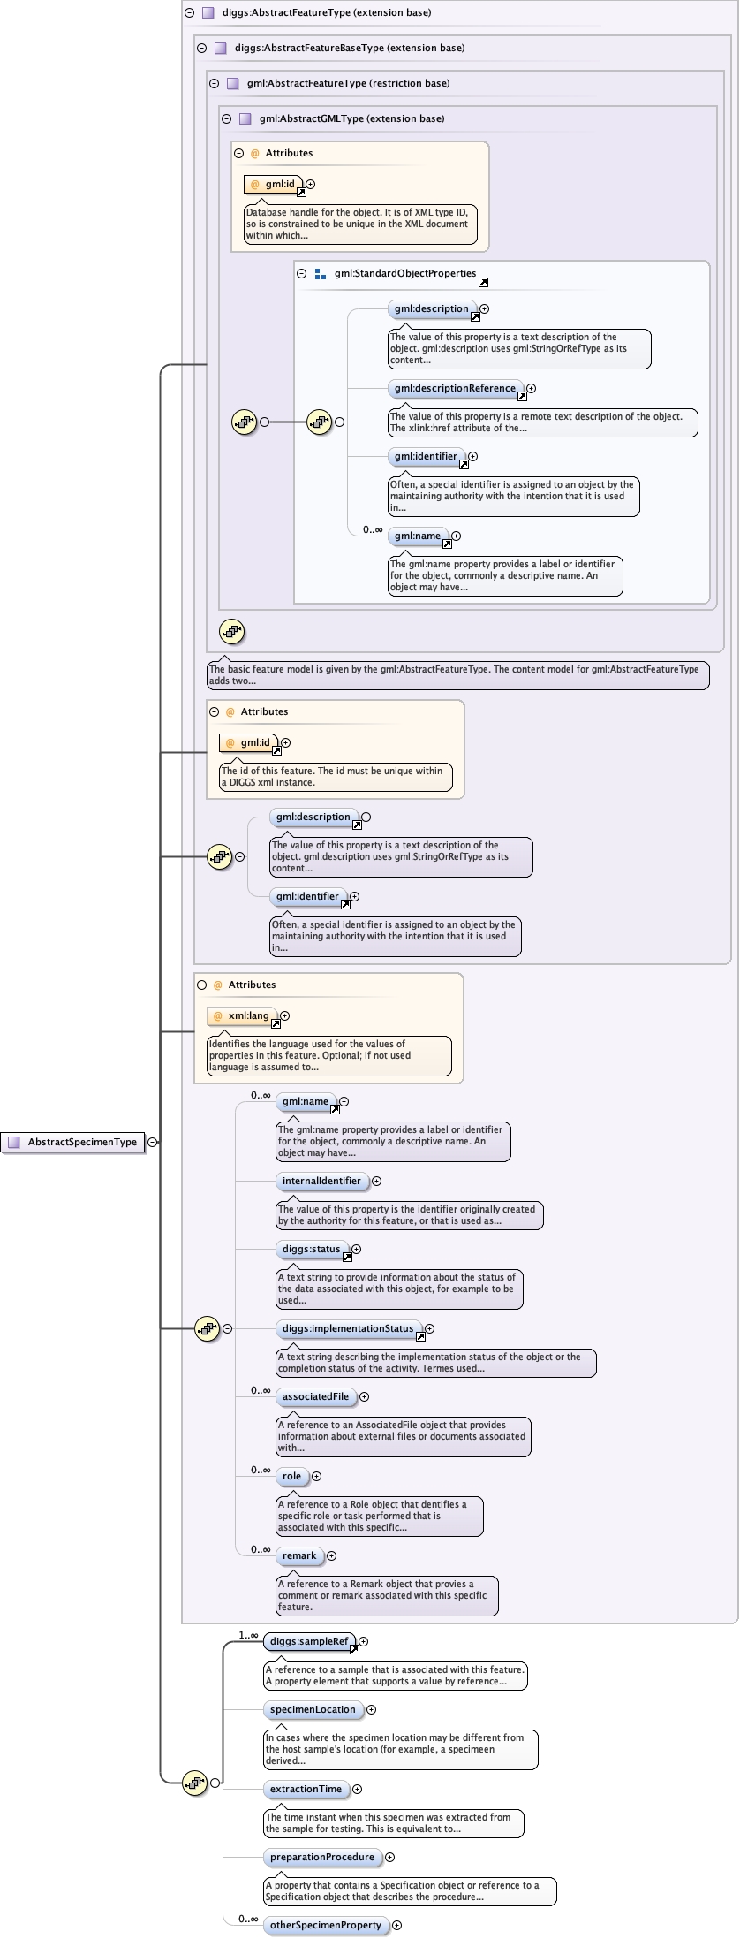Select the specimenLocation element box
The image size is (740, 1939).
[x=313, y=1709]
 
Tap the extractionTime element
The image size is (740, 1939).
[x=306, y=1789]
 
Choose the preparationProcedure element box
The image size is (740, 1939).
[x=322, y=1857]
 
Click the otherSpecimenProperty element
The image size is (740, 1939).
[x=326, y=1925]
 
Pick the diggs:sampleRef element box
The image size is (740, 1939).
[x=309, y=1641]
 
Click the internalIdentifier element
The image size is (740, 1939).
[x=321, y=1181]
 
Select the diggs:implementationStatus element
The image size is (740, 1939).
[x=348, y=1328]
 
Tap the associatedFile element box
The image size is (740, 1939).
[x=315, y=1396]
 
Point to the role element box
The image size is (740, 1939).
[x=291, y=1476]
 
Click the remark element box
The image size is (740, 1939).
[x=299, y=1555]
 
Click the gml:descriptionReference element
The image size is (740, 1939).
[x=455, y=388]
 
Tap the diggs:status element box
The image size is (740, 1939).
[x=311, y=1249]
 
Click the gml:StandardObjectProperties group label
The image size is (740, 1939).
[x=405, y=274]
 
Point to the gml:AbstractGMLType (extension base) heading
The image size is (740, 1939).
[x=351, y=118]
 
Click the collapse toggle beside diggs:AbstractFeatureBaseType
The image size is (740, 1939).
[x=202, y=49]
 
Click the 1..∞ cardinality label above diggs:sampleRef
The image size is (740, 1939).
[x=248, y=1635]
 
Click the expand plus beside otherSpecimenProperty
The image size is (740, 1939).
[x=396, y=1925]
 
